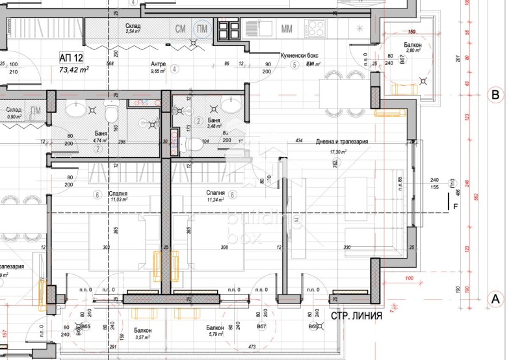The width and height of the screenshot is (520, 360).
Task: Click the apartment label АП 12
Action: (x=72, y=58)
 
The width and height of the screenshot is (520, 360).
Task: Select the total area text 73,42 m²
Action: (x=74, y=69)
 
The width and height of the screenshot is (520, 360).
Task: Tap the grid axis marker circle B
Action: (x=495, y=95)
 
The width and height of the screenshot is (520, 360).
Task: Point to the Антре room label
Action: (x=158, y=64)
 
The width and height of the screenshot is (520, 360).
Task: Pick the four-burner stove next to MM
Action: (x=315, y=28)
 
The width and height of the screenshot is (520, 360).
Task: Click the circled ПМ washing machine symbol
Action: (x=203, y=29)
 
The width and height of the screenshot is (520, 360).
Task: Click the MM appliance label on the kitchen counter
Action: (x=287, y=29)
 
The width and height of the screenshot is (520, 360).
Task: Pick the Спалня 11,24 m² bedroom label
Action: (x=215, y=196)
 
